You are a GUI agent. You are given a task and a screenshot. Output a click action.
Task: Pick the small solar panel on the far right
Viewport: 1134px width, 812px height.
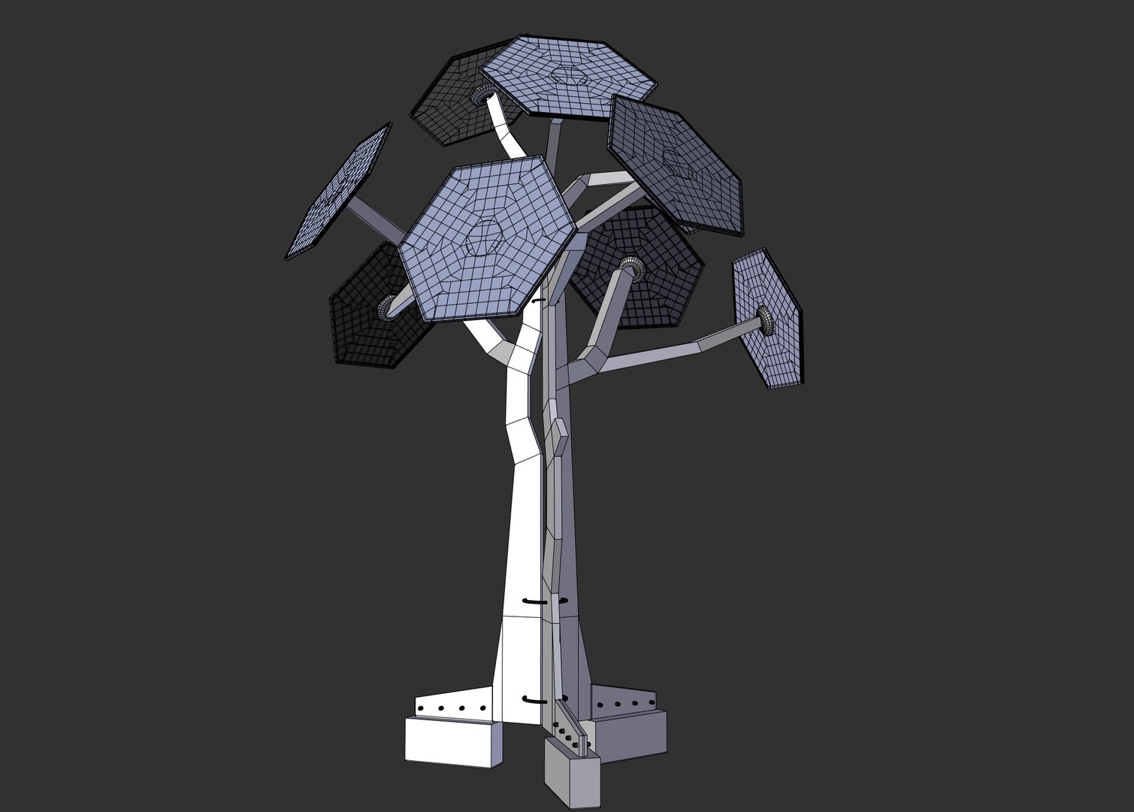coord(767,320)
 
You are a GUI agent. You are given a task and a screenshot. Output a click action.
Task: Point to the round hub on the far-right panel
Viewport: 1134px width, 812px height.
coord(765,320)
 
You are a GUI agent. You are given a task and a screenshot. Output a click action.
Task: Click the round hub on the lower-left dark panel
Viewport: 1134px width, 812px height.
coord(388,306)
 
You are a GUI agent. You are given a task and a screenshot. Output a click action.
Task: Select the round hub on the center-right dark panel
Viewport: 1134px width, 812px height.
coord(629,267)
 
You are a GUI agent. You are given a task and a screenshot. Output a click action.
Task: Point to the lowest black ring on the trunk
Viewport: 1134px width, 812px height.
coord(535,699)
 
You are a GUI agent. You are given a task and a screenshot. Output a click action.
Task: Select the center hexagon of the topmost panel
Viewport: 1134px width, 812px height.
coord(569,75)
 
